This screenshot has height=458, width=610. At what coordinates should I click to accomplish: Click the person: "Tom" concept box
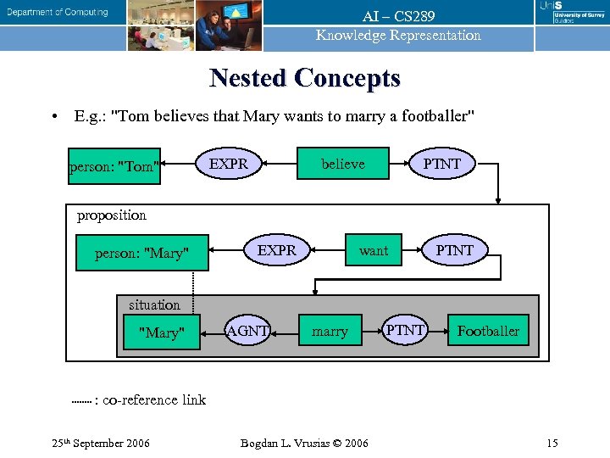(x=114, y=166)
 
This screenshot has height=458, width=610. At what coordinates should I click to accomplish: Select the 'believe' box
(x=342, y=164)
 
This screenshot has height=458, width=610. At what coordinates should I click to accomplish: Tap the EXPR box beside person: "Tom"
(x=230, y=164)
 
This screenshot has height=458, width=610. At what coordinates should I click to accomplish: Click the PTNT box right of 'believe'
(x=441, y=164)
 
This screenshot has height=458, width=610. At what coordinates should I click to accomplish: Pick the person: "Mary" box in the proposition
(x=141, y=253)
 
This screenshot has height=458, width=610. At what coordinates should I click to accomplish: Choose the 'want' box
(x=373, y=250)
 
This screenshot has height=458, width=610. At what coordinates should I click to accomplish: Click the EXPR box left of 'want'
(x=277, y=250)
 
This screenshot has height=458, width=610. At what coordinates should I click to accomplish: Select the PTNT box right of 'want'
(x=454, y=250)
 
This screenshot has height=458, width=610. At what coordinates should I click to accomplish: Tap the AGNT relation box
(x=247, y=331)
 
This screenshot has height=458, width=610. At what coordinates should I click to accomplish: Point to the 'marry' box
(x=330, y=332)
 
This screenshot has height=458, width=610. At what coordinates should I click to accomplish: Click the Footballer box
(x=488, y=331)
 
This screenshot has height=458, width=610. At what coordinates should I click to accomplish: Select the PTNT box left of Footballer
(x=405, y=330)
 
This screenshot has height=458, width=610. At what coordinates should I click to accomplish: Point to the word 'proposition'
(x=112, y=215)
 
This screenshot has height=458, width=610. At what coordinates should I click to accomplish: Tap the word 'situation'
(x=154, y=304)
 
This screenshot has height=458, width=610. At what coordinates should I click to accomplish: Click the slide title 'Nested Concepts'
(x=304, y=78)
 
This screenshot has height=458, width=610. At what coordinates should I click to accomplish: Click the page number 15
(x=552, y=443)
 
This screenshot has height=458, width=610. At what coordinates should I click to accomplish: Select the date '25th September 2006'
(x=100, y=443)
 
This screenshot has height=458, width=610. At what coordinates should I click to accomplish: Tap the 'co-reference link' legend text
(x=153, y=399)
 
